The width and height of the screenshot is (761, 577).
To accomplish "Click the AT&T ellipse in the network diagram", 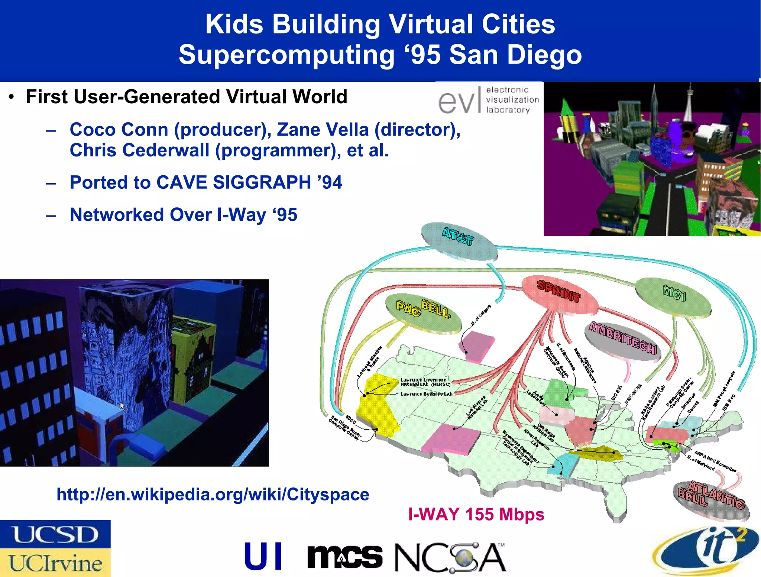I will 459,242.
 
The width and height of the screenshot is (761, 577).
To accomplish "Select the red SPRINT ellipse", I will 559,294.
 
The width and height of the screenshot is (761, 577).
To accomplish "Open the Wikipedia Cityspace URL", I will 213,495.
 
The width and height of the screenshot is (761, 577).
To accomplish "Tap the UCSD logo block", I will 55,534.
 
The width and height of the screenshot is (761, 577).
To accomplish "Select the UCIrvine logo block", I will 55,563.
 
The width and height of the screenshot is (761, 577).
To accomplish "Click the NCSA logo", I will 450,557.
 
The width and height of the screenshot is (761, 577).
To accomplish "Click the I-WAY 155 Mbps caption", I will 476,515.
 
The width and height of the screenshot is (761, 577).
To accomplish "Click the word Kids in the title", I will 234,24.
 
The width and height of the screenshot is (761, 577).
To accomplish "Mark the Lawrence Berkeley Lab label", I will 427,393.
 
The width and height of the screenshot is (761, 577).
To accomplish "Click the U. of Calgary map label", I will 481,315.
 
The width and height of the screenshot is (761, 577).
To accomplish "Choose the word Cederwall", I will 166,150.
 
